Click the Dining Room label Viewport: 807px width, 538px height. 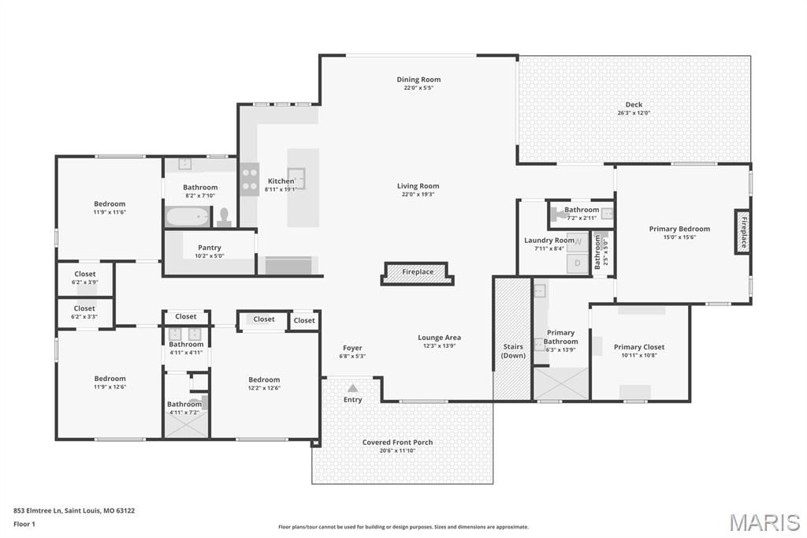click(418, 80)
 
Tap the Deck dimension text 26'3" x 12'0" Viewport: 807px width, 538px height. click(634, 113)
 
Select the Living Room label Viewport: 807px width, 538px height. click(418, 186)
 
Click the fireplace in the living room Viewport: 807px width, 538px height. click(418, 272)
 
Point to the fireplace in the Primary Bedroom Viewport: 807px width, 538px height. click(742, 230)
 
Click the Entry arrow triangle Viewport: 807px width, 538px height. click(352, 388)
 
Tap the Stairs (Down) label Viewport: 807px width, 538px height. click(512, 351)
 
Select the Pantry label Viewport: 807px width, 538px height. click(210, 248)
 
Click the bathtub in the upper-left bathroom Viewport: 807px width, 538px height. click(188, 216)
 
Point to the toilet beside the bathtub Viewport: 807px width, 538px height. click(224, 216)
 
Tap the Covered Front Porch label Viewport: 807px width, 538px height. click(397, 443)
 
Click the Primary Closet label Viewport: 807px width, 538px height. click(639, 347)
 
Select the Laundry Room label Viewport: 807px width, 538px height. click(549, 241)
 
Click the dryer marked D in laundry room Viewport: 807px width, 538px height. click(577, 263)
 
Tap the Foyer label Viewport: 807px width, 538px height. click(352, 348)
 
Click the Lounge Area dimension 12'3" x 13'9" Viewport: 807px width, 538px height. click(439, 346)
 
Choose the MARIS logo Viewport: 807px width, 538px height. click(764, 521)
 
